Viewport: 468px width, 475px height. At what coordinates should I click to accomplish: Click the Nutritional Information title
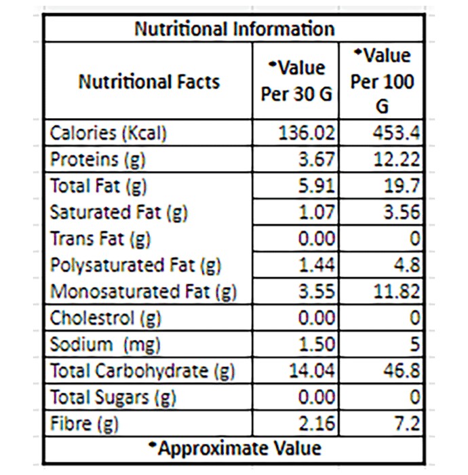click(x=235, y=29)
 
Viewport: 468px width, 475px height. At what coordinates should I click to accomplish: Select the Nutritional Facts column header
click(x=149, y=82)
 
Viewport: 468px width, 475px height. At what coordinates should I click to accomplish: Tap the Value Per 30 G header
click(x=296, y=81)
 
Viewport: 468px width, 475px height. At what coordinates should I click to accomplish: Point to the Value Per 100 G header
click(x=382, y=81)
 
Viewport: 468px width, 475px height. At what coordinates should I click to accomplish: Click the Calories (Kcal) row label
click(x=108, y=133)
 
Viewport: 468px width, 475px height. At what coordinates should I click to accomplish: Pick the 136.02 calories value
click(x=307, y=133)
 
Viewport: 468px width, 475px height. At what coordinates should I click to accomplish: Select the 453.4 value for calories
click(x=396, y=133)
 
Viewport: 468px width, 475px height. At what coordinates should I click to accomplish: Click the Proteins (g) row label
click(x=98, y=159)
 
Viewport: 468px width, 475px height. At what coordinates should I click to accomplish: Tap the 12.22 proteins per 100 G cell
click(x=397, y=159)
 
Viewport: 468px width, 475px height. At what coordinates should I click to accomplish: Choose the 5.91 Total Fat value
click(x=317, y=186)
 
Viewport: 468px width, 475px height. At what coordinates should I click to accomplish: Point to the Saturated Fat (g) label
click(x=119, y=212)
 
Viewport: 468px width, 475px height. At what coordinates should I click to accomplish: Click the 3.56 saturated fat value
click(x=402, y=212)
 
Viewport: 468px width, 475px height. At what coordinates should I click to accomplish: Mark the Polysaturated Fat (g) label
click(x=136, y=265)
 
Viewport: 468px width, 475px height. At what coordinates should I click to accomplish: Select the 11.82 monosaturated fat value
click(x=397, y=291)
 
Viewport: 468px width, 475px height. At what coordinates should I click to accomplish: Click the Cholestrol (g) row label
click(x=105, y=318)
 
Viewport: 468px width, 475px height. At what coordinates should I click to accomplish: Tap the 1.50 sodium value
click(x=317, y=345)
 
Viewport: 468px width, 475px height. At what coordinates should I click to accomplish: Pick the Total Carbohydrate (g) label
click(x=142, y=371)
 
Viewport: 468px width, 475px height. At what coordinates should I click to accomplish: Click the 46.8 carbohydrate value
click(x=402, y=370)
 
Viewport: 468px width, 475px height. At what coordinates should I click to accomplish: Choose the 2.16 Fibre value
click(x=317, y=423)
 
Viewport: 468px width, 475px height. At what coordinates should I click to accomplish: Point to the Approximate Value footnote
click(x=235, y=449)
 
